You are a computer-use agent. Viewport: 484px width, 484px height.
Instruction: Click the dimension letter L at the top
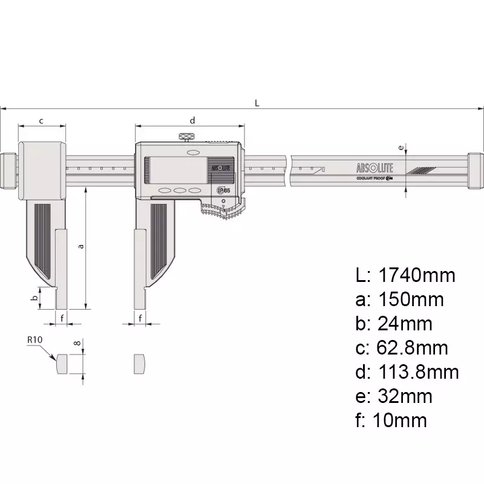257,103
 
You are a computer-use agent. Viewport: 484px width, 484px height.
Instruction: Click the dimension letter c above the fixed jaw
41,120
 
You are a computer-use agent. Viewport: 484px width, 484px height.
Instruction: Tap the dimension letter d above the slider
192,120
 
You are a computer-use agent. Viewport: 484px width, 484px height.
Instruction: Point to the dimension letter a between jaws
81,247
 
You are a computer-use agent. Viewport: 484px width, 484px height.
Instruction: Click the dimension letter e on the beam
400,147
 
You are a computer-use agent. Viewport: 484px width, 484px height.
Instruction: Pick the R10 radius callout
34,341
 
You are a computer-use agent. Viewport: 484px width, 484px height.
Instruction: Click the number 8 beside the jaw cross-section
77,343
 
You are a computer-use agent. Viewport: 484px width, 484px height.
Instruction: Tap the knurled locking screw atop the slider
186,137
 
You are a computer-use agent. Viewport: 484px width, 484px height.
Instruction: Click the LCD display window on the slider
177,169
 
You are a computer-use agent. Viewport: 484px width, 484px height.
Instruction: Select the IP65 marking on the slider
223,190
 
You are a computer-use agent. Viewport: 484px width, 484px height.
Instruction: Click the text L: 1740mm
405,276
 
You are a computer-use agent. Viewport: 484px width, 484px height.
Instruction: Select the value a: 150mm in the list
399,299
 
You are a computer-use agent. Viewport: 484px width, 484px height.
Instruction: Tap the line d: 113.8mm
407,371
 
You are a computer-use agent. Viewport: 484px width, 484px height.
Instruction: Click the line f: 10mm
391,420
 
